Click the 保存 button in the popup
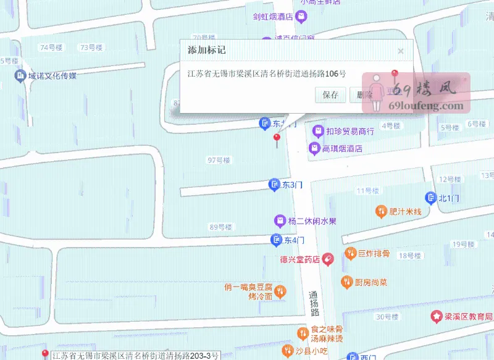(x=330, y=95)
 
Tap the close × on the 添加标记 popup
(x=401, y=51)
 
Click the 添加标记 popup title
(x=207, y=50)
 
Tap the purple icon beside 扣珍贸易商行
(x=317, y=130)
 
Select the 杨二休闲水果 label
(x=312, y=221)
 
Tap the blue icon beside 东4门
(x=276, y=240)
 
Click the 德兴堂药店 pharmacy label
(x=300, y=260)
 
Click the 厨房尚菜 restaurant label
(x=371, y=282)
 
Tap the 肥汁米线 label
(x=405, y=212)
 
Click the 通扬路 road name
(x=313, y=304)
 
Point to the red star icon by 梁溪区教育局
(x=437, y=316)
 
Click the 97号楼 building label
(x=219, y=160)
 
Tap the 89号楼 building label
(x=220, y=227)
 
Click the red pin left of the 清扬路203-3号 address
(x=44, y=354)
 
